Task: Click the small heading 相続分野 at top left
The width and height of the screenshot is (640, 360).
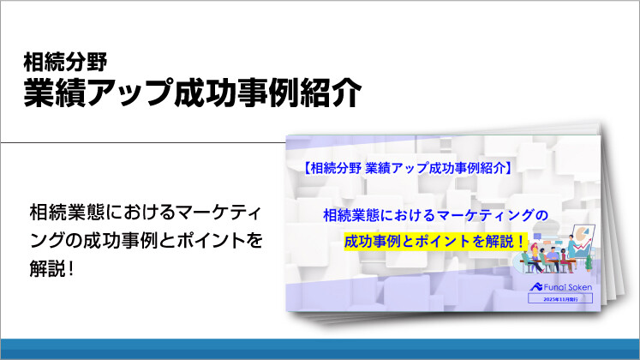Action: (x=65, y=62)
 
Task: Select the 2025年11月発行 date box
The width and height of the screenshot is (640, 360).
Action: (x=566, y=300)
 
